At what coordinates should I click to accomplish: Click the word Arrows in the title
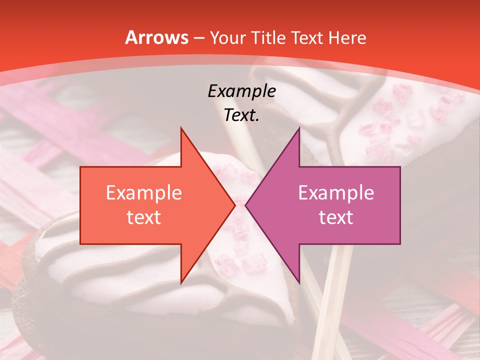coord(157,37)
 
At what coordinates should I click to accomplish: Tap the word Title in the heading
coord(267,38)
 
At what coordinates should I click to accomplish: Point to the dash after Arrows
coord(198,38)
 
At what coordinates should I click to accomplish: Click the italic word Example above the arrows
coord(241,91)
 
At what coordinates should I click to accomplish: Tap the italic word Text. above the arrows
coord(241,115)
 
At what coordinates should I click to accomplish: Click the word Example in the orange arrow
coord(143,193)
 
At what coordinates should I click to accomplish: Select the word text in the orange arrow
coord(143,217)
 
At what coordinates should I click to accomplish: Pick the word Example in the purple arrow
coord(336,193)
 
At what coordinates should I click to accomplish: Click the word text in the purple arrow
coord(336,217)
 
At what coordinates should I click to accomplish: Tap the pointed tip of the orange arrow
coord(234,205)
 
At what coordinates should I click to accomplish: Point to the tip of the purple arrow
coord(246,205)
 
